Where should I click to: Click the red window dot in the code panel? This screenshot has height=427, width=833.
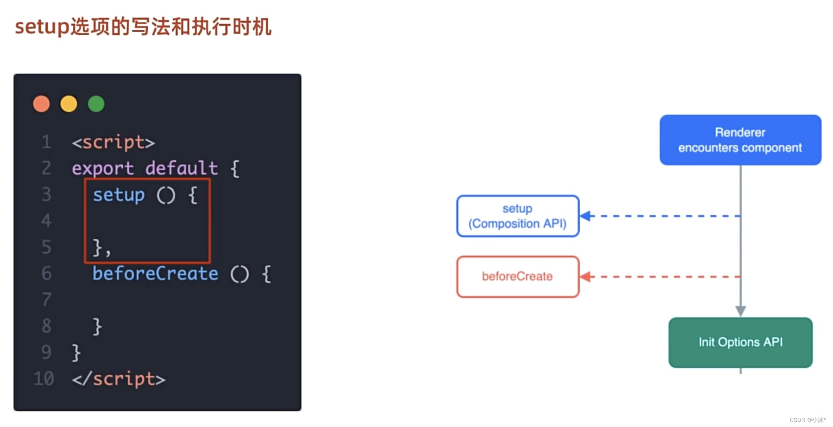click(x=41, y=104)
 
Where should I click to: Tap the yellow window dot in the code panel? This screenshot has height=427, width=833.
click(x=69, y=104)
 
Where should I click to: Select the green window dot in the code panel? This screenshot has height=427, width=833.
click(x=96, y=104)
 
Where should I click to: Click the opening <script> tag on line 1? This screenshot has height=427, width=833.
click(x=113, y=142)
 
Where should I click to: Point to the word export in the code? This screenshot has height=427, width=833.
click(x=103, y=169)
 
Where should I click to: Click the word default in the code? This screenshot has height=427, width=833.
click(x=181, y=169)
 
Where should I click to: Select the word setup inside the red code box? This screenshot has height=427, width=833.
click(x=119, y=195)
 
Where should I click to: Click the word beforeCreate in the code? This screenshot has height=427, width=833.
click(x=155, y=274)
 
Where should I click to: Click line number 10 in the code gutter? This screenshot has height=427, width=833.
click(x=44, y=379)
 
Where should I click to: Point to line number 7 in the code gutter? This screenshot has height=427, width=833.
click(x=46, y=300)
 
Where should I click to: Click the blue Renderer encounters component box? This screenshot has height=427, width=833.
click(x=740, y=140)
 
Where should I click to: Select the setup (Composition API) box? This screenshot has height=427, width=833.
click(x=517, y=216)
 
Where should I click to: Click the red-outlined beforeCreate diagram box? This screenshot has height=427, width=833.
click(x=517, y=276)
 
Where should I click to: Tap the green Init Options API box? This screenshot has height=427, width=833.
click(x=740, y=342)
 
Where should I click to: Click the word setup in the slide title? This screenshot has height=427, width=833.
click(x=42, y=27)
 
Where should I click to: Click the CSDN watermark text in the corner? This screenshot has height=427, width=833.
click(x=807, y=420)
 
